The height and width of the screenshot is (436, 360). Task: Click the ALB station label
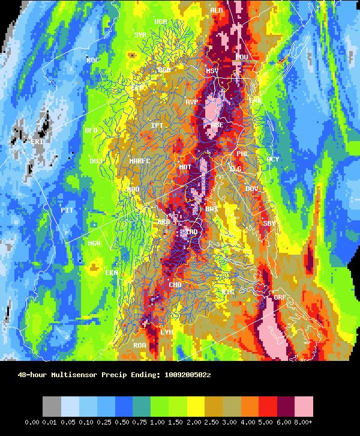(x=217, y=10)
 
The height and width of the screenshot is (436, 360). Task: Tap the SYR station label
(x=140, y=35)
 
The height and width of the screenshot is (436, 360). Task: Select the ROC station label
(x=93, y=60)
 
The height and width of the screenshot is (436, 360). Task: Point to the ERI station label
(x=37, y=142)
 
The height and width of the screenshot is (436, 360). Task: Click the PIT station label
(x=67, y=210)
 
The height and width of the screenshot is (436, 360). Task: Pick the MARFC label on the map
(x=140, y=161)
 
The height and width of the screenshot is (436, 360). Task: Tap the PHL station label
(x=242, y=154)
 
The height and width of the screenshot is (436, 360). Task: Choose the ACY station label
(x=273, y=159)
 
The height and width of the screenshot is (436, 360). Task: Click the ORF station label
(x=280, y=297)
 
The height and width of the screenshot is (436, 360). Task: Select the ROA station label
(x=140, y=345)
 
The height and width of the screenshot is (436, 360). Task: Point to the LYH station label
(x=167, y=332)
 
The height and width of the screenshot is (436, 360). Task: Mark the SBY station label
(x=269, y=223)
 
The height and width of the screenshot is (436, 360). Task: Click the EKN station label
(x=112, y=273)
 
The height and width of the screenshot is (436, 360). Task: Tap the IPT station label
(x=157, y=126)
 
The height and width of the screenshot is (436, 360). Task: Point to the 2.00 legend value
(x=178, y=422)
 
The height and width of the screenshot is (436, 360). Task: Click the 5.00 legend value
(x=267, y=422)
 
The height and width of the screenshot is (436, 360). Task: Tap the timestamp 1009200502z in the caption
(x=188, y=375)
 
